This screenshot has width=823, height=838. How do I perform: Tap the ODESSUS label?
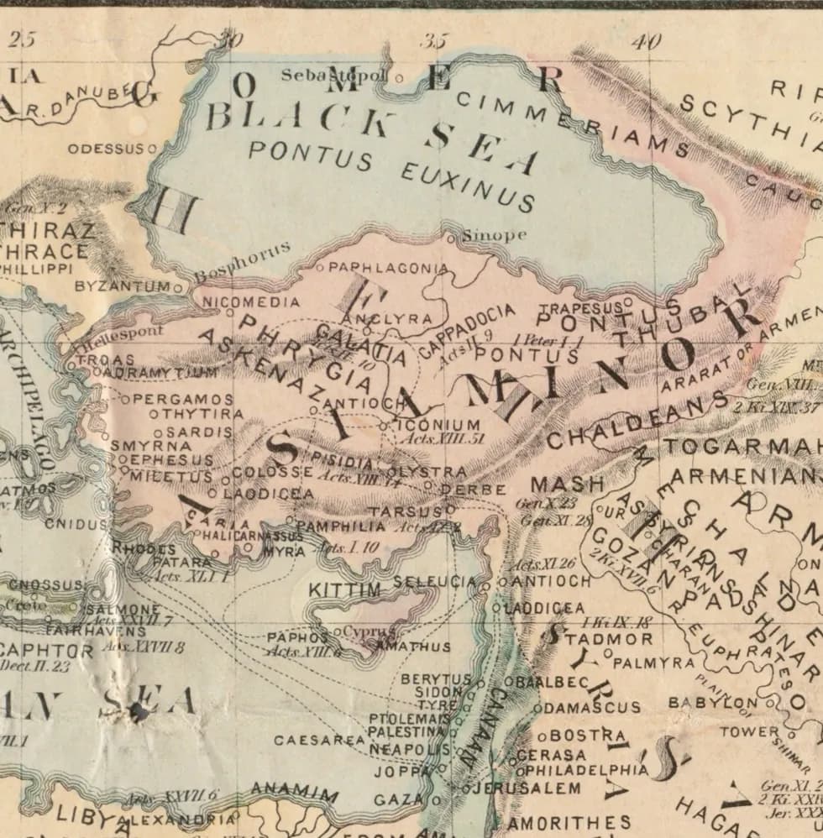(107, 149)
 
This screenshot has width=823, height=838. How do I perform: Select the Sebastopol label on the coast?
(334, 76)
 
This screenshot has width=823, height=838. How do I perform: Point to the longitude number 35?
(437, 39)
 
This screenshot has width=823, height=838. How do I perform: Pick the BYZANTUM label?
(123, 286)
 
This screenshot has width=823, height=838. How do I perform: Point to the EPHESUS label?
(171, 460)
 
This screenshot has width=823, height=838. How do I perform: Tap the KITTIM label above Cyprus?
(344, 590)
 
